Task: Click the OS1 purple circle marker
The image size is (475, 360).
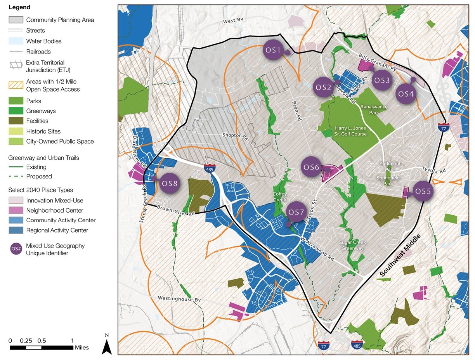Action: click(273, 50)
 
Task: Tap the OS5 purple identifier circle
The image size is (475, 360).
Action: click(423, 191)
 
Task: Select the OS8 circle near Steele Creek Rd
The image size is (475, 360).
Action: click(170, 183)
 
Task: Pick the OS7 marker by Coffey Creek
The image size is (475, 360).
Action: click(296, 212)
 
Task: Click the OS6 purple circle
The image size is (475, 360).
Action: click(312, 167)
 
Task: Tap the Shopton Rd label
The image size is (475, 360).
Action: click(235, 135)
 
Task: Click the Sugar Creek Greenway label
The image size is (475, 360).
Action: click(352, 245)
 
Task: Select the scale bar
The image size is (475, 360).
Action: click(41, 347)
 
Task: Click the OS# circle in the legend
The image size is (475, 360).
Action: click(16, 249)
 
